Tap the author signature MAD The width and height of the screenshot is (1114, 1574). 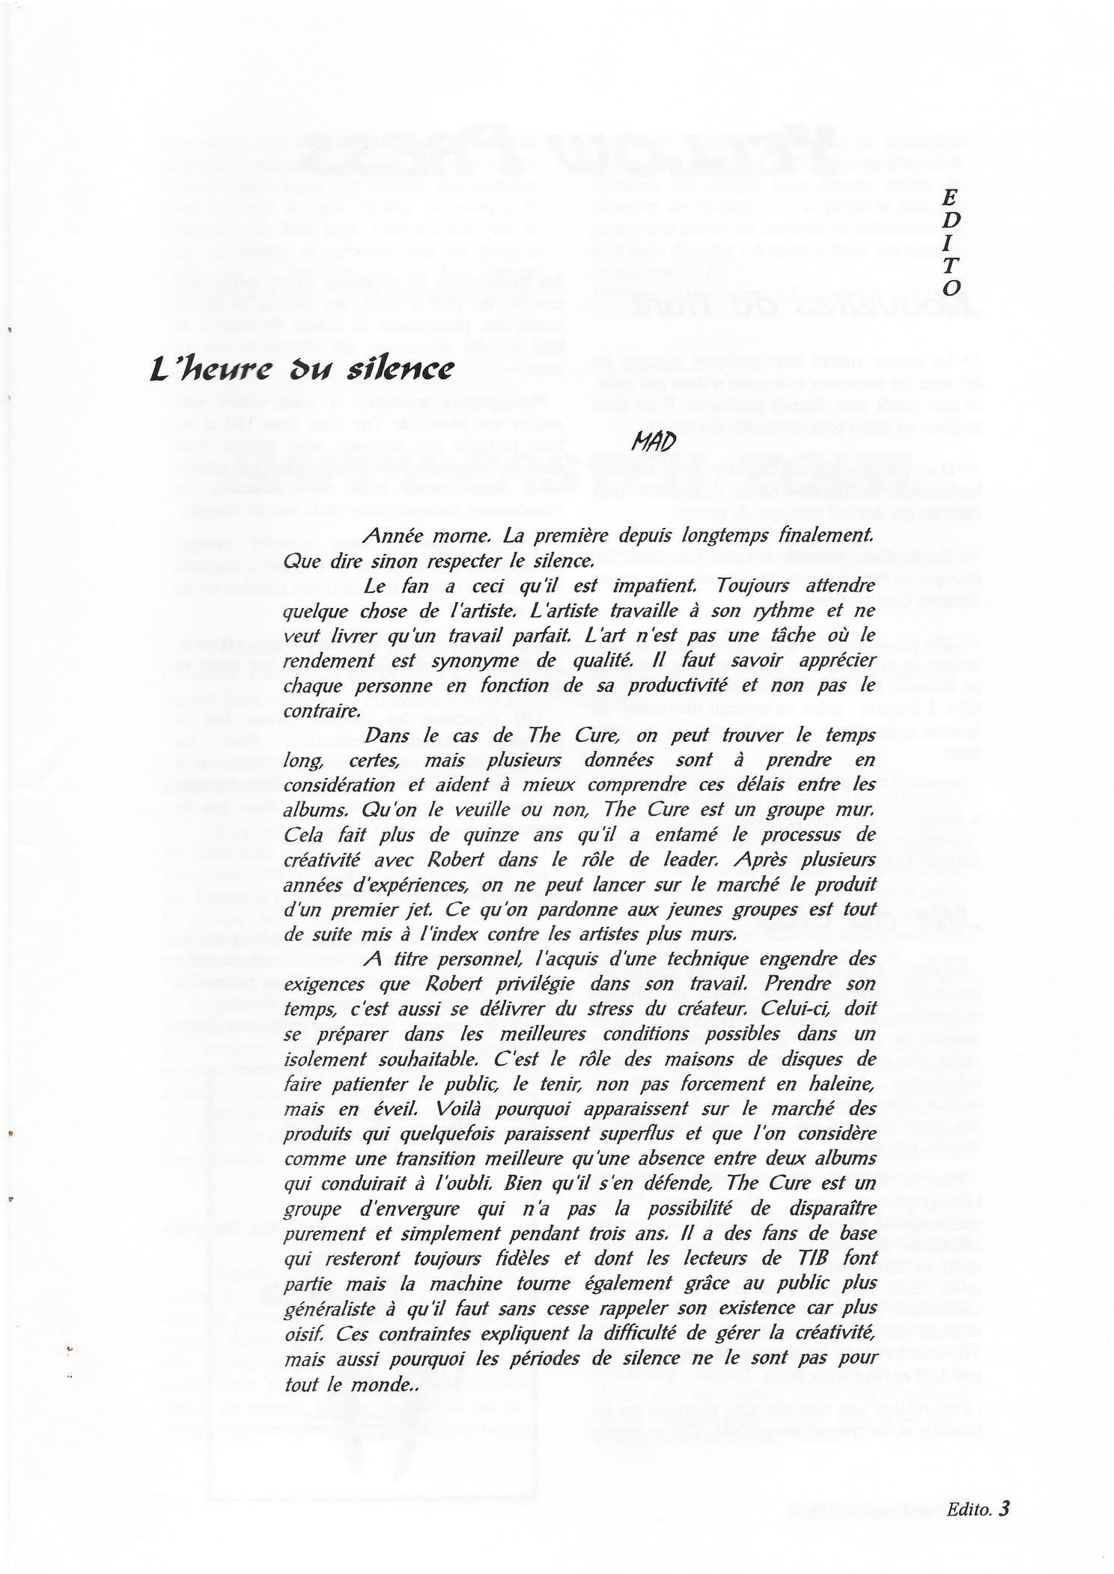654,442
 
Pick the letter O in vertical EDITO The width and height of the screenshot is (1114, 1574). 951,288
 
